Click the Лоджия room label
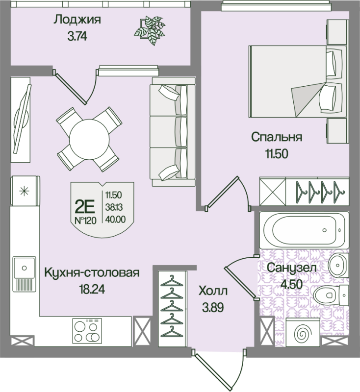77,20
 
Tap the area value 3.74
77,37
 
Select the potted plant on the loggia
150,30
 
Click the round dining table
89,140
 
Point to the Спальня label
277,137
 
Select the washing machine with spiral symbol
303,332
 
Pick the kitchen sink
24,274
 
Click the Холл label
213,291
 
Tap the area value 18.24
92,289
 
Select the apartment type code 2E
84,206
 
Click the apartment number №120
85,220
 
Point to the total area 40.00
115,219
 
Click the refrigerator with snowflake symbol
25,191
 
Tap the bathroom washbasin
338,265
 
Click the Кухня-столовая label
92,272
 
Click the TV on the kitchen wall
23,119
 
